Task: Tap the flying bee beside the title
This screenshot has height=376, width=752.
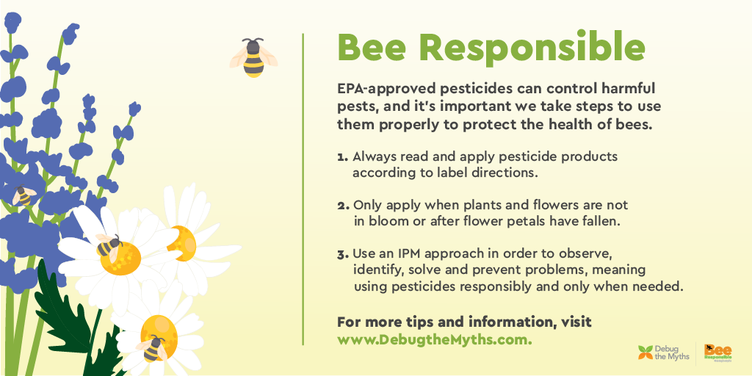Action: coord(253,57)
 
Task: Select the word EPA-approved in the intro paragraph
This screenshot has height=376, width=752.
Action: coord(382,89)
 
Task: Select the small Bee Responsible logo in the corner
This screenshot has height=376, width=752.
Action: coord(717,352)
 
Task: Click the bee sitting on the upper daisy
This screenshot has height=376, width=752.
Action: coord(108,246)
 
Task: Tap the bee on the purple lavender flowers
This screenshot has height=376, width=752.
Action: coord(24,195)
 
